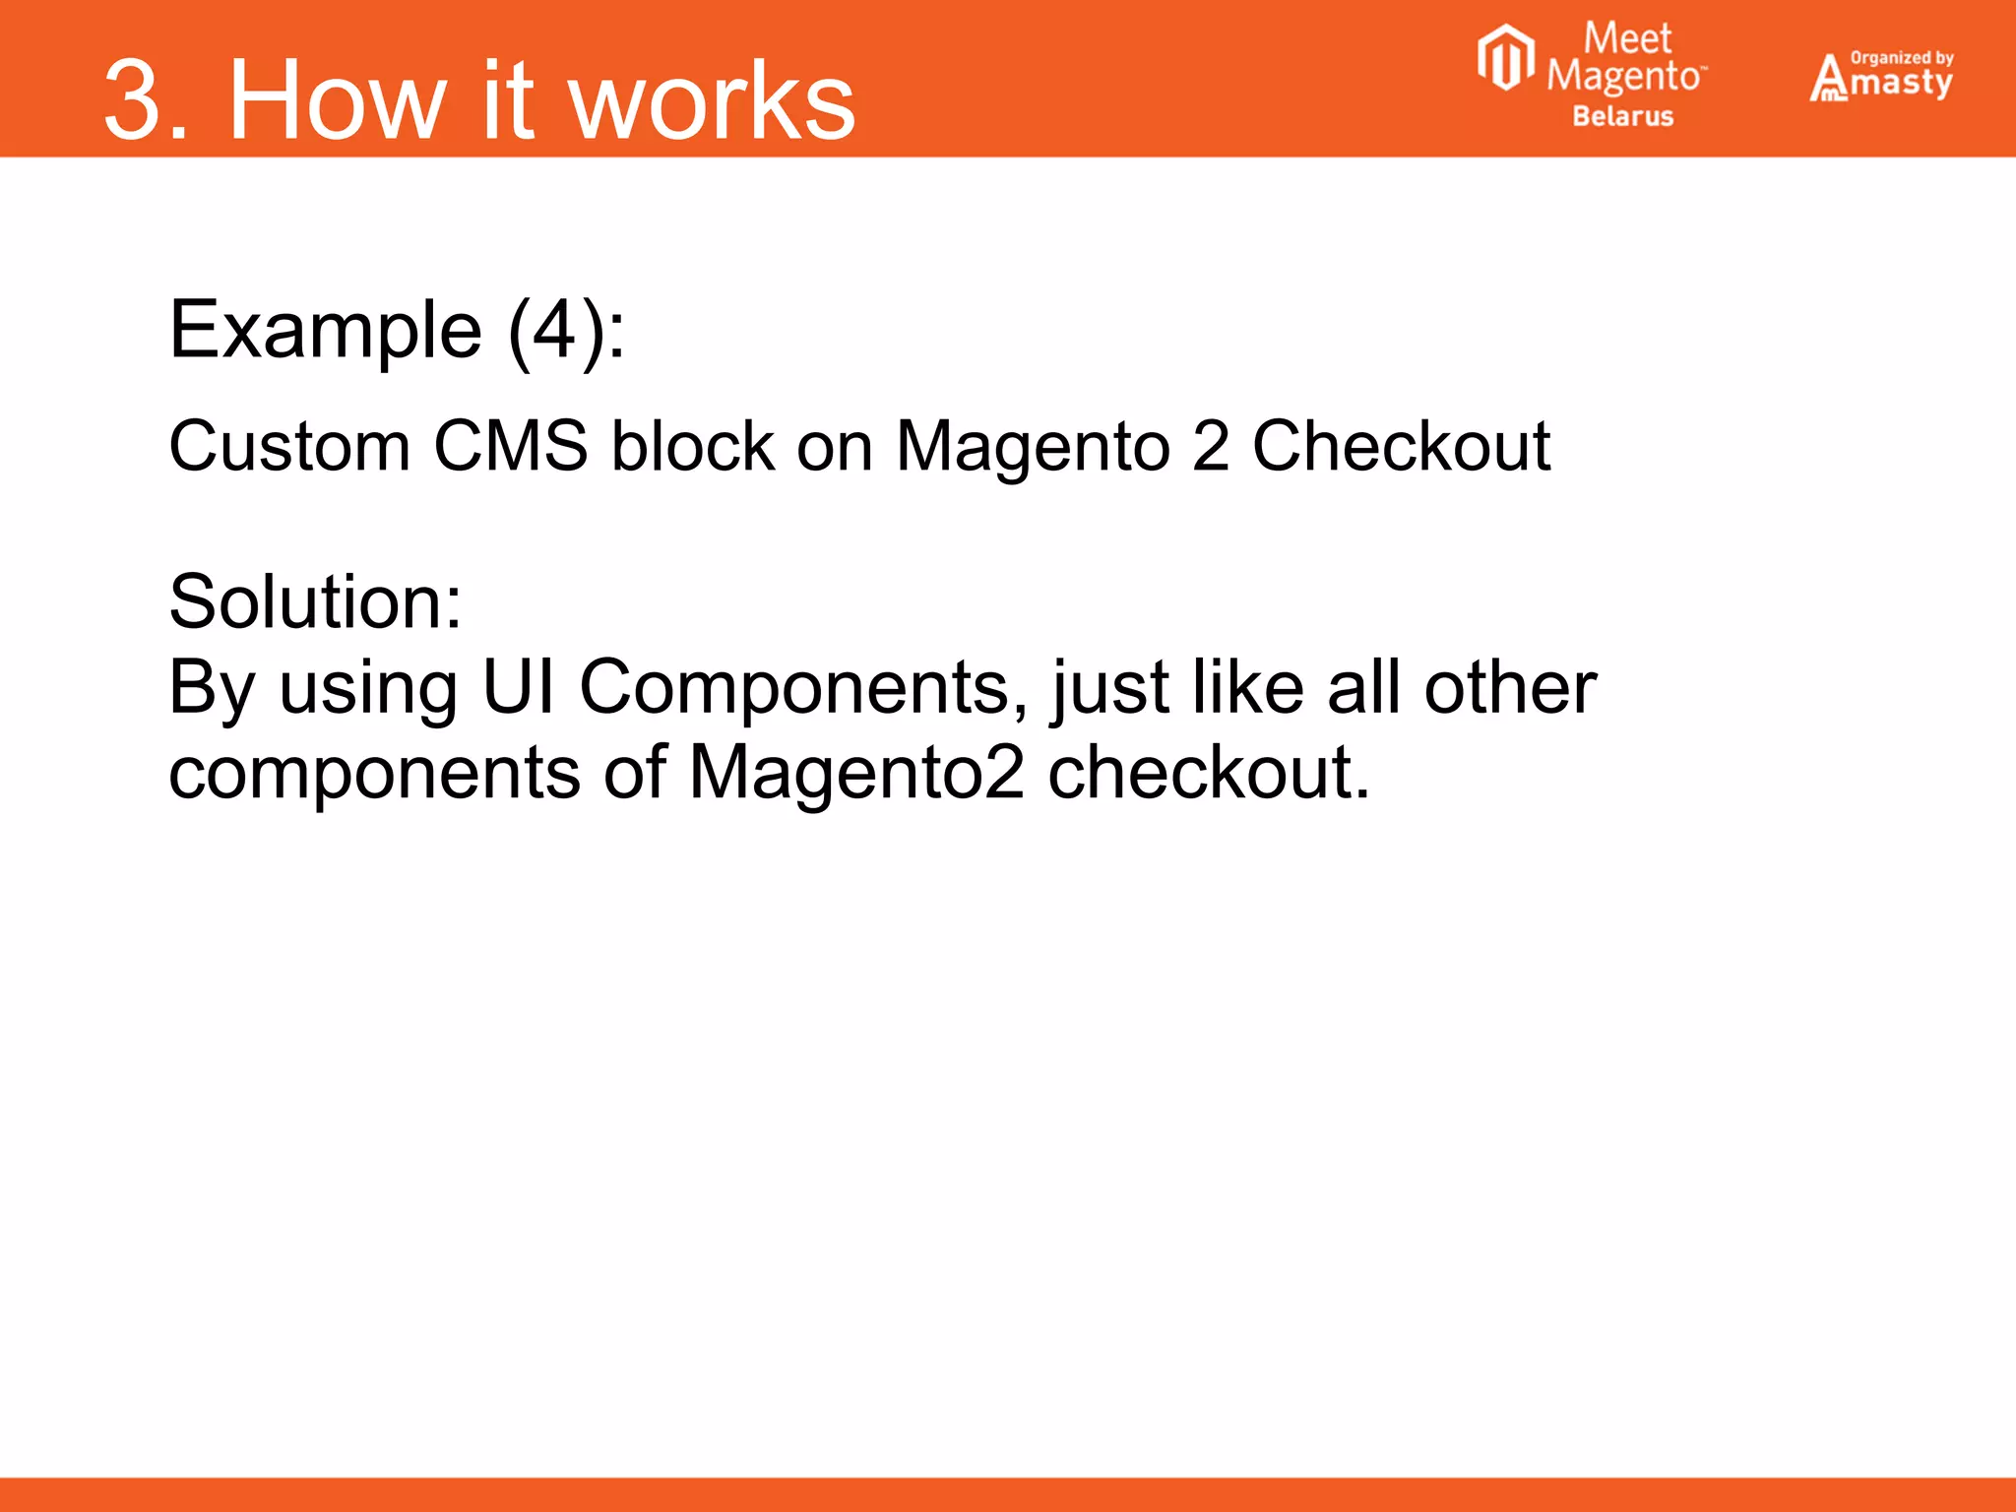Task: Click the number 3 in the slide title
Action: point(134,100)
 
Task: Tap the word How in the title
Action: point(336,100)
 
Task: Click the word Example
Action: point(326,331)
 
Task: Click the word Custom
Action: point(289,447)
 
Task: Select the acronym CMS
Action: point(511,447)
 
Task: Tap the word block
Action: point(692,447)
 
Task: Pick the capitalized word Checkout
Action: point(1401,447)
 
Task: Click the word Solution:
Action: point(315,601)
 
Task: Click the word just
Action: point(1111,688)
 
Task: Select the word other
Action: point(1510,686)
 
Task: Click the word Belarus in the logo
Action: point(1622,116)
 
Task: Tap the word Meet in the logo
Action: point(1627,39)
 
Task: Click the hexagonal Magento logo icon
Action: point(1505,59)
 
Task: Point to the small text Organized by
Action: point(1902,58)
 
